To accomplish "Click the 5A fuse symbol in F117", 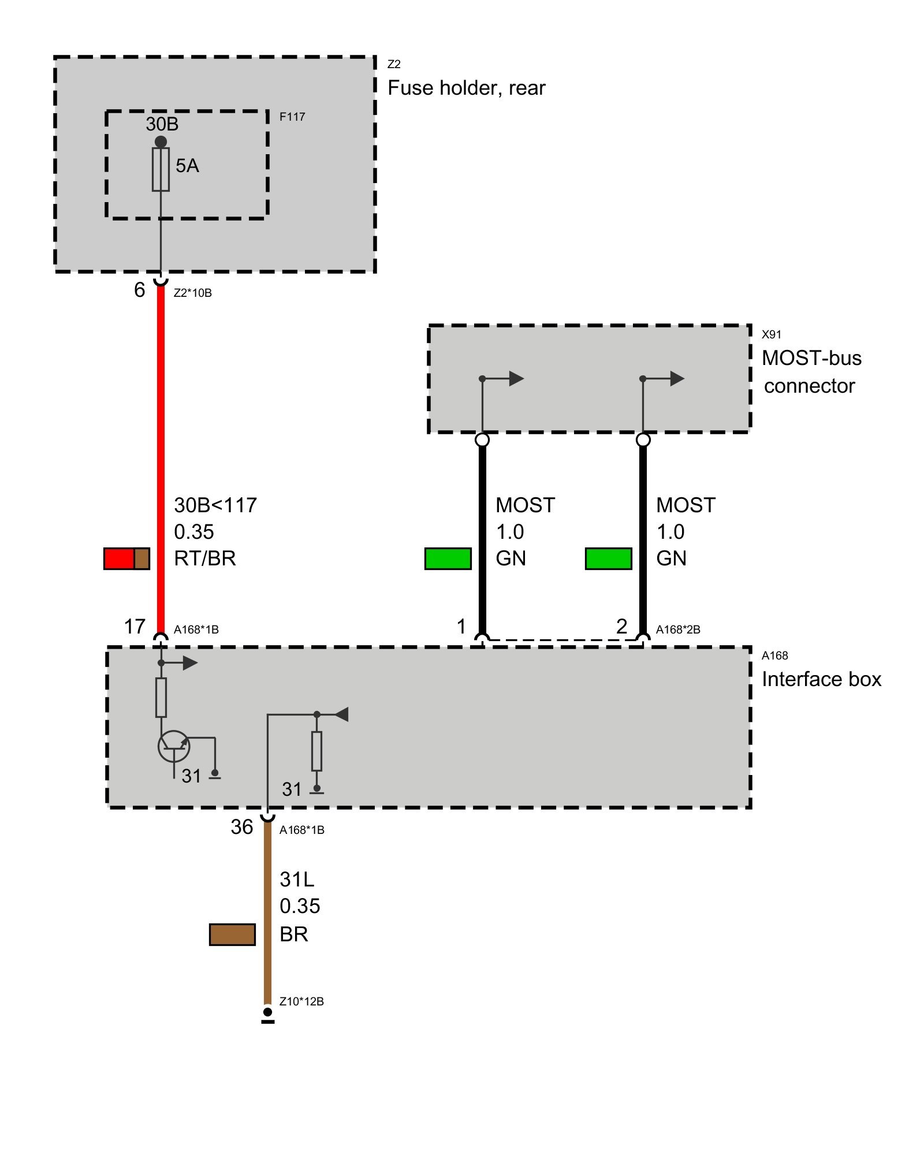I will point(161,169).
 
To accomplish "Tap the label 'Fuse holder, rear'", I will point(466,88).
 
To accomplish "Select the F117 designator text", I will point(292,117).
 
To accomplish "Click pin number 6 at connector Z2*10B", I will point(139,290).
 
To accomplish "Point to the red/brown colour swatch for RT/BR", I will point(126,558).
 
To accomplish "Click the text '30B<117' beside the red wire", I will point(215,505).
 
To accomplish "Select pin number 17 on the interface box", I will point(135,627).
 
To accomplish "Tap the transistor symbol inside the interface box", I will point(174,746).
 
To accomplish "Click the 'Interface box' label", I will point(821,679).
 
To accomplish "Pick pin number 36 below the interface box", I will point(242,827).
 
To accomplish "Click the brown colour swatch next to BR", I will point(232,934).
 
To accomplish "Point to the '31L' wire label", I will point(297,880).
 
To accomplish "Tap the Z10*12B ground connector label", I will point(301,1001).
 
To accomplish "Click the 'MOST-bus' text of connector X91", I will point(811,358).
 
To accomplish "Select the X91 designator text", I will point(772,334).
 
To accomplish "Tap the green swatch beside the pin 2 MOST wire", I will point(608,558).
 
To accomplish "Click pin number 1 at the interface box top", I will point(461,627).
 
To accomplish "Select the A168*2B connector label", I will point(678,629).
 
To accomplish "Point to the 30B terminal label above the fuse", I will point(162,124).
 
